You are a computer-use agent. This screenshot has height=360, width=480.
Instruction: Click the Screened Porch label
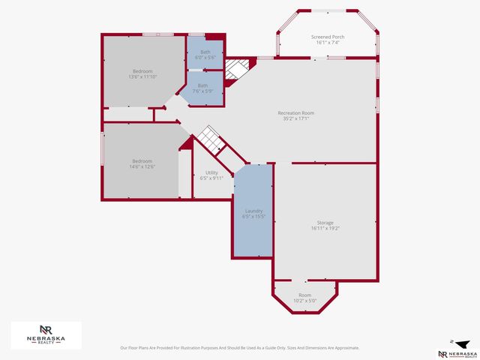pyautogui.click(x=327, y=37)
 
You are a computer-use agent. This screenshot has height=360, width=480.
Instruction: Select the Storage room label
pyautogui.click(x=325, y=223)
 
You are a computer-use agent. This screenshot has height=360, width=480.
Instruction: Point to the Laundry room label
pyautogui.click(x=253, y=211)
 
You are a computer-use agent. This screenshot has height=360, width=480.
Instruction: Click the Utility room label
pyautogui.click(x=211, y=172)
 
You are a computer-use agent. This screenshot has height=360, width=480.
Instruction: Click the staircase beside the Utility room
pyautogui.click(x=209, y=139)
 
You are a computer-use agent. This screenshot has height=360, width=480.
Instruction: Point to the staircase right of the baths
pyautogui.click(x=237, y=70)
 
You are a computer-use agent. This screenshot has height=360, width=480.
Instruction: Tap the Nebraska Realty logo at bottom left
pyautogui.click(x=46, y=334)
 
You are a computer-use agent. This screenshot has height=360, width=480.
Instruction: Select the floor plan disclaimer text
pyautogui.click(x=239, y=348)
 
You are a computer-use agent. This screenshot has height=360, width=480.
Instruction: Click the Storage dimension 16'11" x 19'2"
pyautogui.click(x=325, y=228)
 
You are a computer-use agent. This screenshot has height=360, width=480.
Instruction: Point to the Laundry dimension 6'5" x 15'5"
pyautogui.click(x=253, y=216)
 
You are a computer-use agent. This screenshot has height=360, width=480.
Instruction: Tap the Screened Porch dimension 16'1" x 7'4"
pyautogui.click(x=327, y=43)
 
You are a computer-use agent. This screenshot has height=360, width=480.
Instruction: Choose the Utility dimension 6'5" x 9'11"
pyautogui.click(x=211, y=178)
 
